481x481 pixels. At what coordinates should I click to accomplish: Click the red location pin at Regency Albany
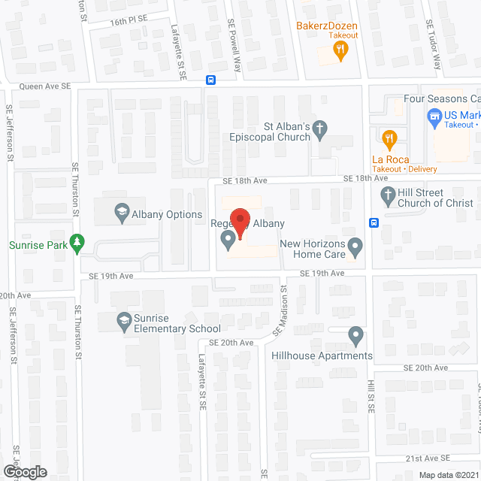pos(240,223)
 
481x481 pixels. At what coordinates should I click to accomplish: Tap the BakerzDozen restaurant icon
pos(340,50)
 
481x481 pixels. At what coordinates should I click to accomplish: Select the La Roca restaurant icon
pos(389,139)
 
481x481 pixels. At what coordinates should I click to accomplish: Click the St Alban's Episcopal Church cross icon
pos(320,131)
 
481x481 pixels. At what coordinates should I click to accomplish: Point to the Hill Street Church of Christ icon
pos(389,197)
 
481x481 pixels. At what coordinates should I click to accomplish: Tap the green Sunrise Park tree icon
pos(76,244)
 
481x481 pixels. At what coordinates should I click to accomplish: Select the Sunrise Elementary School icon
pos(125,322)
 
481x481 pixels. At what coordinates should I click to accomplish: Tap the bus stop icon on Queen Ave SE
pos(211,80)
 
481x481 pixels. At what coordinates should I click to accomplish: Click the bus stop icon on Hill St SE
pos(374,222)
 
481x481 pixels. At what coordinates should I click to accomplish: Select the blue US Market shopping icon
pos(434,116)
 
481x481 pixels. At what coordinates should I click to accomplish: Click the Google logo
pos(25,471)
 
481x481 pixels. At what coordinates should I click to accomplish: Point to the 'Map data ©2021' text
pos(448,475)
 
